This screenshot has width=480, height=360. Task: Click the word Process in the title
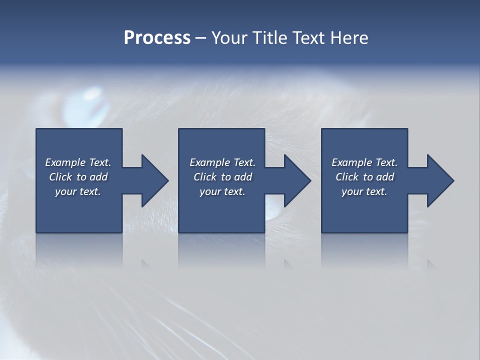point(157,38)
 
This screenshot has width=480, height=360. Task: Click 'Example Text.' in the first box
point(78,162)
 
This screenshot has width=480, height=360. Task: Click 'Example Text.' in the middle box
point(222,162)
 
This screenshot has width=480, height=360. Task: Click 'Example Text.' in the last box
point(364,162)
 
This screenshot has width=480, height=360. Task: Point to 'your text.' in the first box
point(78,191)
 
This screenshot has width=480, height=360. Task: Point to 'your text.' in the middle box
point(222,191)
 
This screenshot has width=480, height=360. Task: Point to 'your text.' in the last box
point(364,191)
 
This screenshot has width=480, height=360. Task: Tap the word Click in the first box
point(60,177)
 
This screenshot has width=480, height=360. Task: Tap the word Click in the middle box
point(204,177)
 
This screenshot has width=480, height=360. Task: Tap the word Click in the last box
point(346,177)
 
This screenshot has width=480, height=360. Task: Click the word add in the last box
point(385,177)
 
